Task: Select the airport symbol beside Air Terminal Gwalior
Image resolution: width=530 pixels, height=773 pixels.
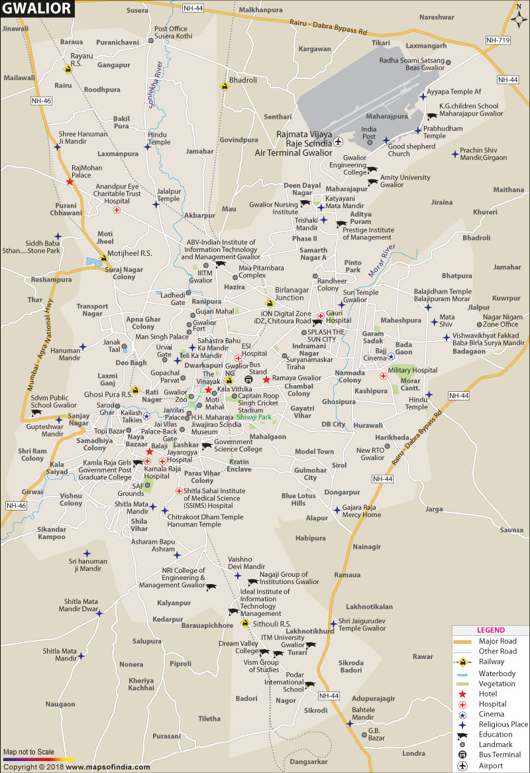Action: point(339,142)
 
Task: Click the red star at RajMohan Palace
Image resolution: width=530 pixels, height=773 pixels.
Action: point(70,180)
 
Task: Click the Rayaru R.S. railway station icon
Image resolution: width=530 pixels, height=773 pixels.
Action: point(68,68)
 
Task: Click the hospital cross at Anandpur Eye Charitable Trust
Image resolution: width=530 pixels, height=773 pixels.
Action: point(117,210)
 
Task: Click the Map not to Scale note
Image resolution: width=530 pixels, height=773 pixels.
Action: point(28,752)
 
